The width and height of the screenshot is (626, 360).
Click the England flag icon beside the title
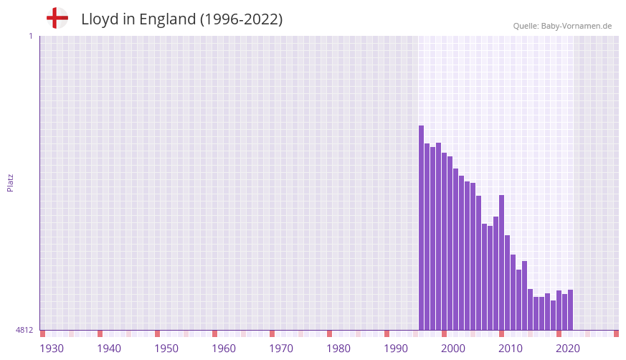click(x=57, y=18)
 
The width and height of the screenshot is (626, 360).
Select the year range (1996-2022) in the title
click(x=242, y=19)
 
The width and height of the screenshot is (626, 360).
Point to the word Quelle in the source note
click(x=526, y=26)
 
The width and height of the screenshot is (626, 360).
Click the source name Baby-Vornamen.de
click(x=577, y=26)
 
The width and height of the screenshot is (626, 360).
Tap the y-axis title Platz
click(x=10, y=183)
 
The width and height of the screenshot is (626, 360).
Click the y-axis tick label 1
click(x=30, y=36)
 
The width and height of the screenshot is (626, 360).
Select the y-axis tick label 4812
click(x=24, y=331)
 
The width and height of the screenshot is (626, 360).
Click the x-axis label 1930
click(x=52, y=349)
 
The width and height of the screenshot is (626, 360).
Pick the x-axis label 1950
click(x=166, y=349)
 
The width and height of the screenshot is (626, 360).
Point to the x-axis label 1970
click(x=281, y=349)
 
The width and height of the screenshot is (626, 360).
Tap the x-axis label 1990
click(x=396, y=349)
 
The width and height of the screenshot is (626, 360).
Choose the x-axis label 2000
click(x=453, y=349)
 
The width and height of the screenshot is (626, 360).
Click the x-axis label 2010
click(x=511, y=349)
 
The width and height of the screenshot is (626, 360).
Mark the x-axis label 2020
click(x=568, y=349)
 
